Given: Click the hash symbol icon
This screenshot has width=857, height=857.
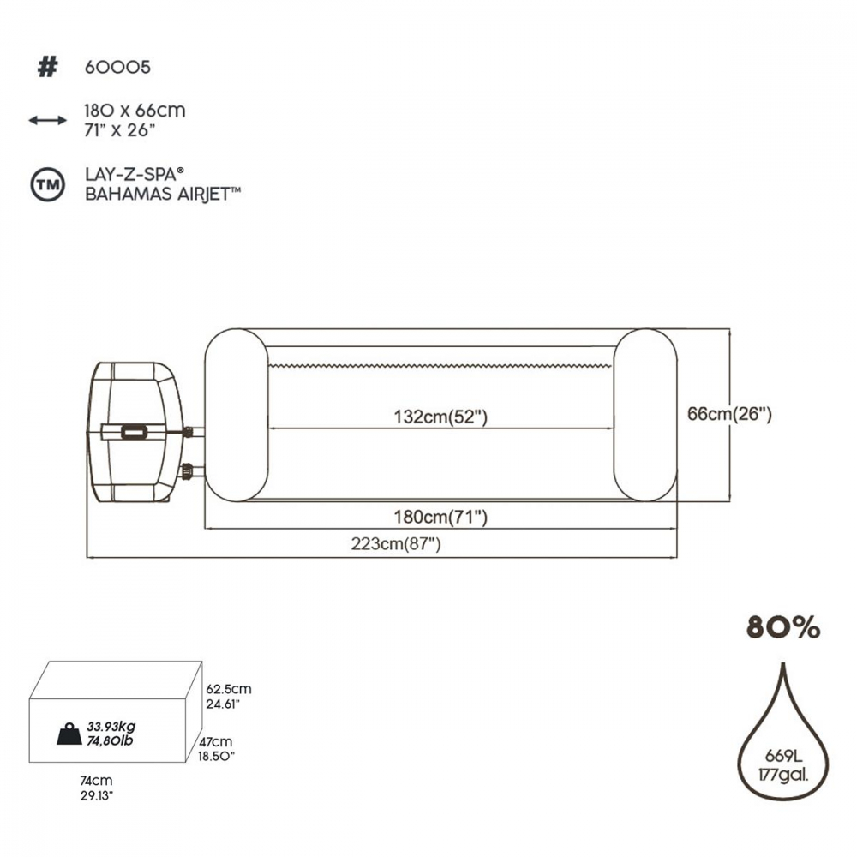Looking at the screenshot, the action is [x=47, y=67].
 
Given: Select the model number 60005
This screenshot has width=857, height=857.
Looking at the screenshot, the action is [x=117, y=67].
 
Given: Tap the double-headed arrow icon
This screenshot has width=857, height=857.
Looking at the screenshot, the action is [x=47, y=120].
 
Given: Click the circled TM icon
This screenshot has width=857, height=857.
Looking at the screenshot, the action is [x=47, y=185].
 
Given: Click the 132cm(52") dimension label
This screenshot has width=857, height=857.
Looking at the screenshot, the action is [x=440, y=417].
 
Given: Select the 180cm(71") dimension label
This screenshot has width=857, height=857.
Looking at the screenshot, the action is [x=440, y=517].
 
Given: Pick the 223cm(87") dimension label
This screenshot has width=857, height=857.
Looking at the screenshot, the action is [x=396, y=544].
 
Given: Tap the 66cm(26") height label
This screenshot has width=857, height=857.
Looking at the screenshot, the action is [x=729, y=414].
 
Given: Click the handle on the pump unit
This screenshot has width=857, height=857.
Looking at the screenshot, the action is [x=134, y=432].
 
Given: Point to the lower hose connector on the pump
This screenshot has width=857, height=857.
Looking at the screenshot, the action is [x=189, y=470].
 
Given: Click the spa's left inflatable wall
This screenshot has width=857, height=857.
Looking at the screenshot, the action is [x=237, y=415].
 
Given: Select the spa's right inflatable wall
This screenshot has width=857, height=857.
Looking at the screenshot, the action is [x=645, y=415].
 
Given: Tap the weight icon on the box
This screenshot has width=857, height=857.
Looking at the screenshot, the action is [x=69, y=734].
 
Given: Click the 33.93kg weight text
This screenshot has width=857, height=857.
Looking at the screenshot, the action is [x=111, y=727].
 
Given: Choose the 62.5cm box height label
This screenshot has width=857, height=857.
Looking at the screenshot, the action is [x=229, y=689].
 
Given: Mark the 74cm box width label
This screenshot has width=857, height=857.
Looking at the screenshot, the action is [x=96, y=781].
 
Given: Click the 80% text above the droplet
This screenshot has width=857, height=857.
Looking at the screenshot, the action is [x=783, y=627].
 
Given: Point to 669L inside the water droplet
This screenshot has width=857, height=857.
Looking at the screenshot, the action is [x=783, y=756].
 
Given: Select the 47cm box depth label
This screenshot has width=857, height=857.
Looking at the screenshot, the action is [x=215, y=742].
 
